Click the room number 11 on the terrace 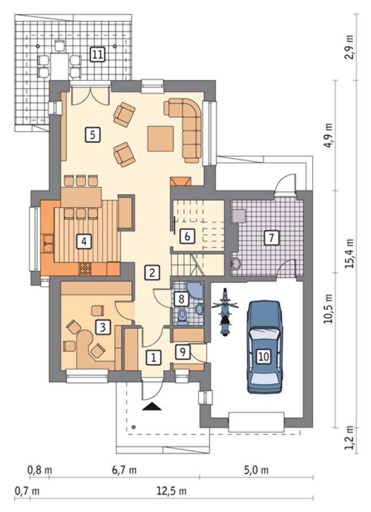click(x=97, y=54)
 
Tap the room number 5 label click(x=93, y=134)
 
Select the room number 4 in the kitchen click(x=84, y=242)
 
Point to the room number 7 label click(x=271, y=238)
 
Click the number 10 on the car click(x=264, y=356)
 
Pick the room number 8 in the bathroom click(x=182, y=298)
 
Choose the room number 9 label click(x=182, y=352)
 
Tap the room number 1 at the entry click(x=154, y=357)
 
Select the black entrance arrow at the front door click(x=152, y=407)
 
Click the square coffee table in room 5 click(x=160, y=139)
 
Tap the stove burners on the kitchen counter click(x=85, y=268)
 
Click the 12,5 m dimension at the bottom click(x=171, y=491)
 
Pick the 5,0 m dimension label click(x=256, y=470)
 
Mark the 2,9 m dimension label click(x=350, y=47)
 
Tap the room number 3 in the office click(x=103, y=327)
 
